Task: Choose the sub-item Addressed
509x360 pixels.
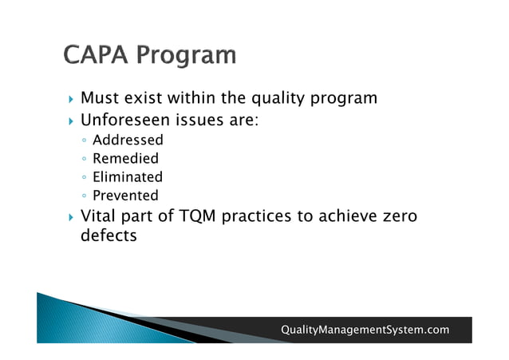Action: (128, 140)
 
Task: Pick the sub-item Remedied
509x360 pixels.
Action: (125, 159)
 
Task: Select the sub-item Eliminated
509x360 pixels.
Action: (127, 177)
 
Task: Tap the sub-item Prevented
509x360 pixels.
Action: (125, 196)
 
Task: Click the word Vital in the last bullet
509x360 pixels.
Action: (100, 217)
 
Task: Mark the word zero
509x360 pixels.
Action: (397, 217)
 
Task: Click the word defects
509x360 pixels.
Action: (109, 236)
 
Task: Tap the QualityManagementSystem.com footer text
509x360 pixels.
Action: (365, 330)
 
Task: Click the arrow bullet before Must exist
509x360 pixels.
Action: (71, 100)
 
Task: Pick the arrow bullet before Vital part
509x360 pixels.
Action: (71, 218)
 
